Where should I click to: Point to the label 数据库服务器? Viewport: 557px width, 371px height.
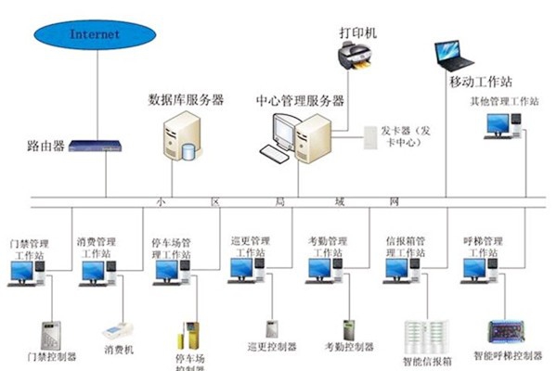186,99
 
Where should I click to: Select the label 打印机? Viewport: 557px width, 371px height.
358,32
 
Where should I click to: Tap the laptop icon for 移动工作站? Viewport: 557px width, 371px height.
456,56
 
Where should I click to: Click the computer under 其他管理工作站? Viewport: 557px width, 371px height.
501,124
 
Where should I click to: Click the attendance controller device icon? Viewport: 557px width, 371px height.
348,330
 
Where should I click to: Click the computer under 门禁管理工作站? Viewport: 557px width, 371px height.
22,273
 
